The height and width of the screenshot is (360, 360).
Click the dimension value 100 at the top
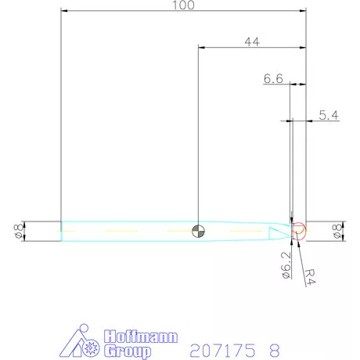183,5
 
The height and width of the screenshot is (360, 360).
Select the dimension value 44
252,42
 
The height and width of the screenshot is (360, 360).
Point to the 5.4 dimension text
329,115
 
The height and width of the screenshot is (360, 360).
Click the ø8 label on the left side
17,231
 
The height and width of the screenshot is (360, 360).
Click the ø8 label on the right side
338,231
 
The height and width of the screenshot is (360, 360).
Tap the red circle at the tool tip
300,230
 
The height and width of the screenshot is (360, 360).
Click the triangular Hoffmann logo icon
81,342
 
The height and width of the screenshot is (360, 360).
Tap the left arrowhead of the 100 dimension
65,11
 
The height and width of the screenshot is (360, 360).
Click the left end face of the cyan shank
62,231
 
